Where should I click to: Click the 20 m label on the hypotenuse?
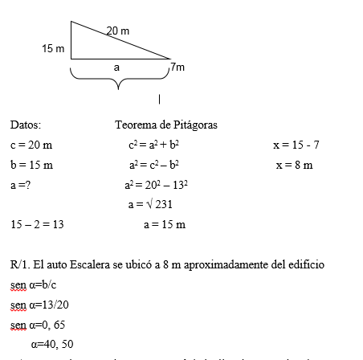[x=118, y=31]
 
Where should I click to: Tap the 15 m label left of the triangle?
[x=53, y=49]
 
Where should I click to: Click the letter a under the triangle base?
[x=116, y=67]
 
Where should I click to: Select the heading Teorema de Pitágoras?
[x=166, y=125]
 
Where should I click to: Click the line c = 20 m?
[x=31, y=145]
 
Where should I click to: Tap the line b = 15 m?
[x=31, y=166]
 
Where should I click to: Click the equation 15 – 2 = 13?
[x=37, y=225]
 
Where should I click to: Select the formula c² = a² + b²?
[x=153, y=145]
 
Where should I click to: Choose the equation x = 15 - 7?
[x=296, y=145]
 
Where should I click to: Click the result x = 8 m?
[x=294, y=166]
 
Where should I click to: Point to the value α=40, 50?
[x=53, y=343]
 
